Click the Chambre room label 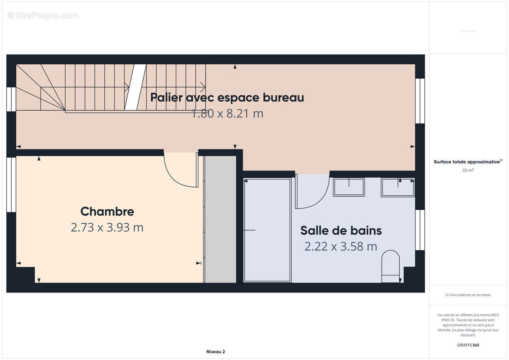tap(107, 211)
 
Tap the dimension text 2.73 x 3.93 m tap(107, 228)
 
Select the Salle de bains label tap(341, 230)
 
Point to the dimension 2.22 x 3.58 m tap(341, 247)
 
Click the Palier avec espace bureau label tap(227, 97)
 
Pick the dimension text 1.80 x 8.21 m tap(227, 114)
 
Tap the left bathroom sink tap(349, 187)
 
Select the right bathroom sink tap(397, 187)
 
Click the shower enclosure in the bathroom tap(267, 230)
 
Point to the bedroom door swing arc tap(180, 171)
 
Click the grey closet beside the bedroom tap(220, 219)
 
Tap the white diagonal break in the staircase tap(135, 87)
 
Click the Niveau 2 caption tap(216, 352)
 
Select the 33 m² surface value tap(468, 170)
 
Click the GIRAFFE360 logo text tap(468, 345)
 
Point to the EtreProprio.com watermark tap(43, 16)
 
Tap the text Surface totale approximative tap(467, 162)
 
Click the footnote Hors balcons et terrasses tap(468, 295)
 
